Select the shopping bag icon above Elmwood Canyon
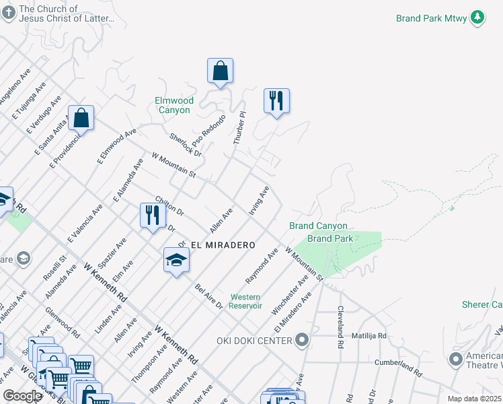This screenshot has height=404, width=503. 220,71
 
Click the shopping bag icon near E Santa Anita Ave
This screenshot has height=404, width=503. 81,119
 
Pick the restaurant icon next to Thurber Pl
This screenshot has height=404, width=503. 276,101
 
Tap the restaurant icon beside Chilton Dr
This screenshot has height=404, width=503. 153,215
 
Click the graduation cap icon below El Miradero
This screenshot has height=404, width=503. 176,261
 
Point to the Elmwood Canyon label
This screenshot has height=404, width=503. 174,105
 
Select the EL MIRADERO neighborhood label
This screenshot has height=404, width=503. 217,245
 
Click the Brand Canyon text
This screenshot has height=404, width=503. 318,226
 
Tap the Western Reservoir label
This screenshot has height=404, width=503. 245,301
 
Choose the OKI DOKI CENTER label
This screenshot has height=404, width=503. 254,341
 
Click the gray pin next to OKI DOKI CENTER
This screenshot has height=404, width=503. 302,340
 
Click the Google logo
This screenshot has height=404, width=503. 22,395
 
